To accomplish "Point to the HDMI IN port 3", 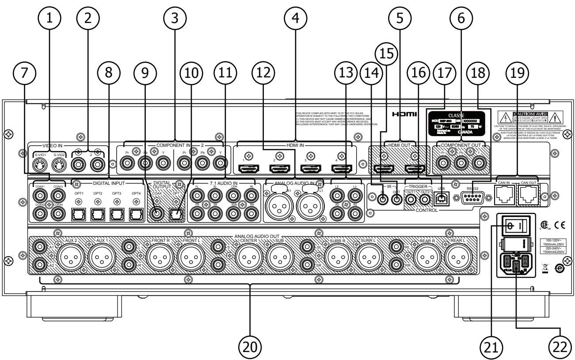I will [311, 169].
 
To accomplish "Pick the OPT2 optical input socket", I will [98, 214].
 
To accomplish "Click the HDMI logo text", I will [404, 115].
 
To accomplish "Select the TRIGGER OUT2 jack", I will [426, 200].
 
